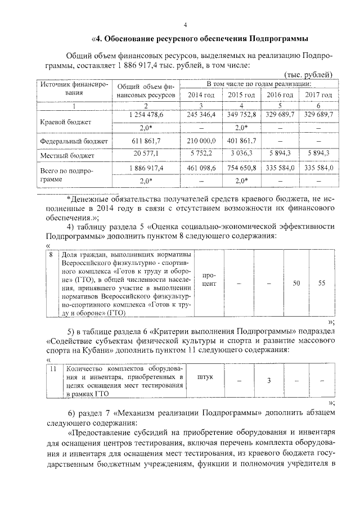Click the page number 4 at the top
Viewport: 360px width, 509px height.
click(185, 24)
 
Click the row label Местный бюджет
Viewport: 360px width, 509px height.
click(63, 154)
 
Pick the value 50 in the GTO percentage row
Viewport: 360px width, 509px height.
click(296, 283)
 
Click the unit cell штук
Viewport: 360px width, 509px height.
click(206, 377)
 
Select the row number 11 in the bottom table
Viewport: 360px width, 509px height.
click(52, 369)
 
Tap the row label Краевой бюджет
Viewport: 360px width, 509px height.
click(62, 121)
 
